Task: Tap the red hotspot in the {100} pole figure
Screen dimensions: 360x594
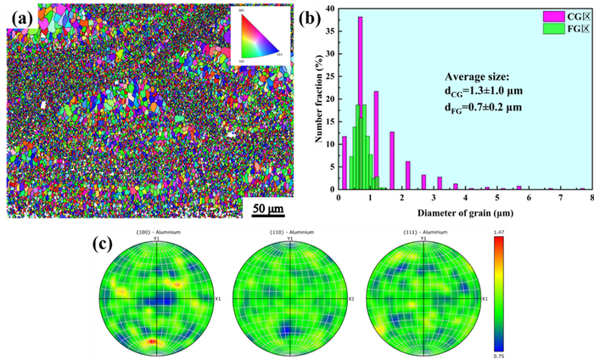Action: coord(153,341)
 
